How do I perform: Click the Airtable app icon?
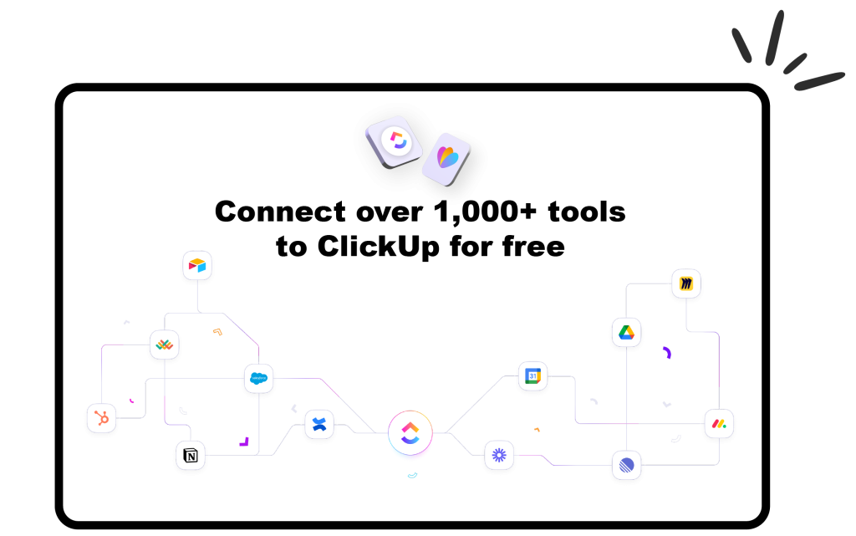point(197,265)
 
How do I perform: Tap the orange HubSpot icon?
point(101,418)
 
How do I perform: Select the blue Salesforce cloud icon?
point(258,379)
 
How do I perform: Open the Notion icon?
point(191,456)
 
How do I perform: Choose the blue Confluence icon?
point(318,425)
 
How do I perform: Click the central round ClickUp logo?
point(410,433)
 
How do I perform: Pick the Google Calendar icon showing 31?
point(532,377)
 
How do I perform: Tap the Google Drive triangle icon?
point(626,332)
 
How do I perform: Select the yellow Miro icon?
point(686,283)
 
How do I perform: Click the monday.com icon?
point(719,424)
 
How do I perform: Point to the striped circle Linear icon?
point(626,465)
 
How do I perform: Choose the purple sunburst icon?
point(499,455)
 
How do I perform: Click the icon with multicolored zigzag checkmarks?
point(164,345)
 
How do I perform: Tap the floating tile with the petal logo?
point(446,158)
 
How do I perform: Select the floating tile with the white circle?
point(394,140)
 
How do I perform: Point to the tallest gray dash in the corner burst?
point(775,37)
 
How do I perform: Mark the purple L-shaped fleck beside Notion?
point(244,441)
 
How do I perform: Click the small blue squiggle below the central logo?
point(412,476)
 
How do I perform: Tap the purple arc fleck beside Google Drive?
point(667,352)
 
